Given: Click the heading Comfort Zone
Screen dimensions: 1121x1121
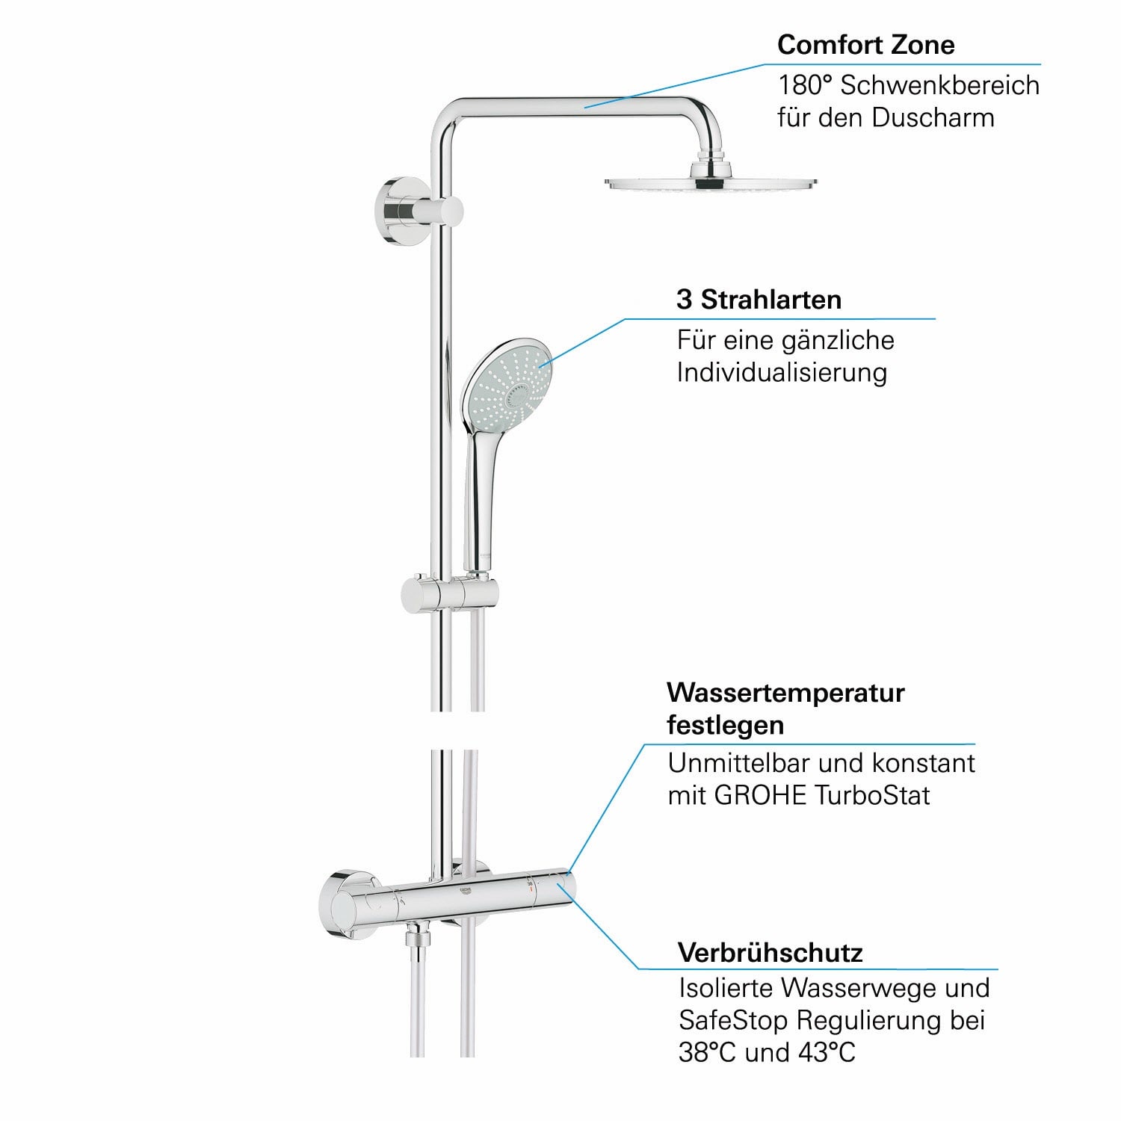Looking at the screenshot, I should point(865,45).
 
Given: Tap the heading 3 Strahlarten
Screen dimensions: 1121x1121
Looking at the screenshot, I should point(759,300).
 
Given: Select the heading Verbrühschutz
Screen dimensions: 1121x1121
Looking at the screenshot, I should point(770,953).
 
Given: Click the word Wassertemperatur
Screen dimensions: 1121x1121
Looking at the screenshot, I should point(785,693).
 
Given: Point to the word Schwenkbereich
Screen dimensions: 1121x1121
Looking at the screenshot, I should point(939,85).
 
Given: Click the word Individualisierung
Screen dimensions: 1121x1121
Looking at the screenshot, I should point(782,372).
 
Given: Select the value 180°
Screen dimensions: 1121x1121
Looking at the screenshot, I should point(805,85).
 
